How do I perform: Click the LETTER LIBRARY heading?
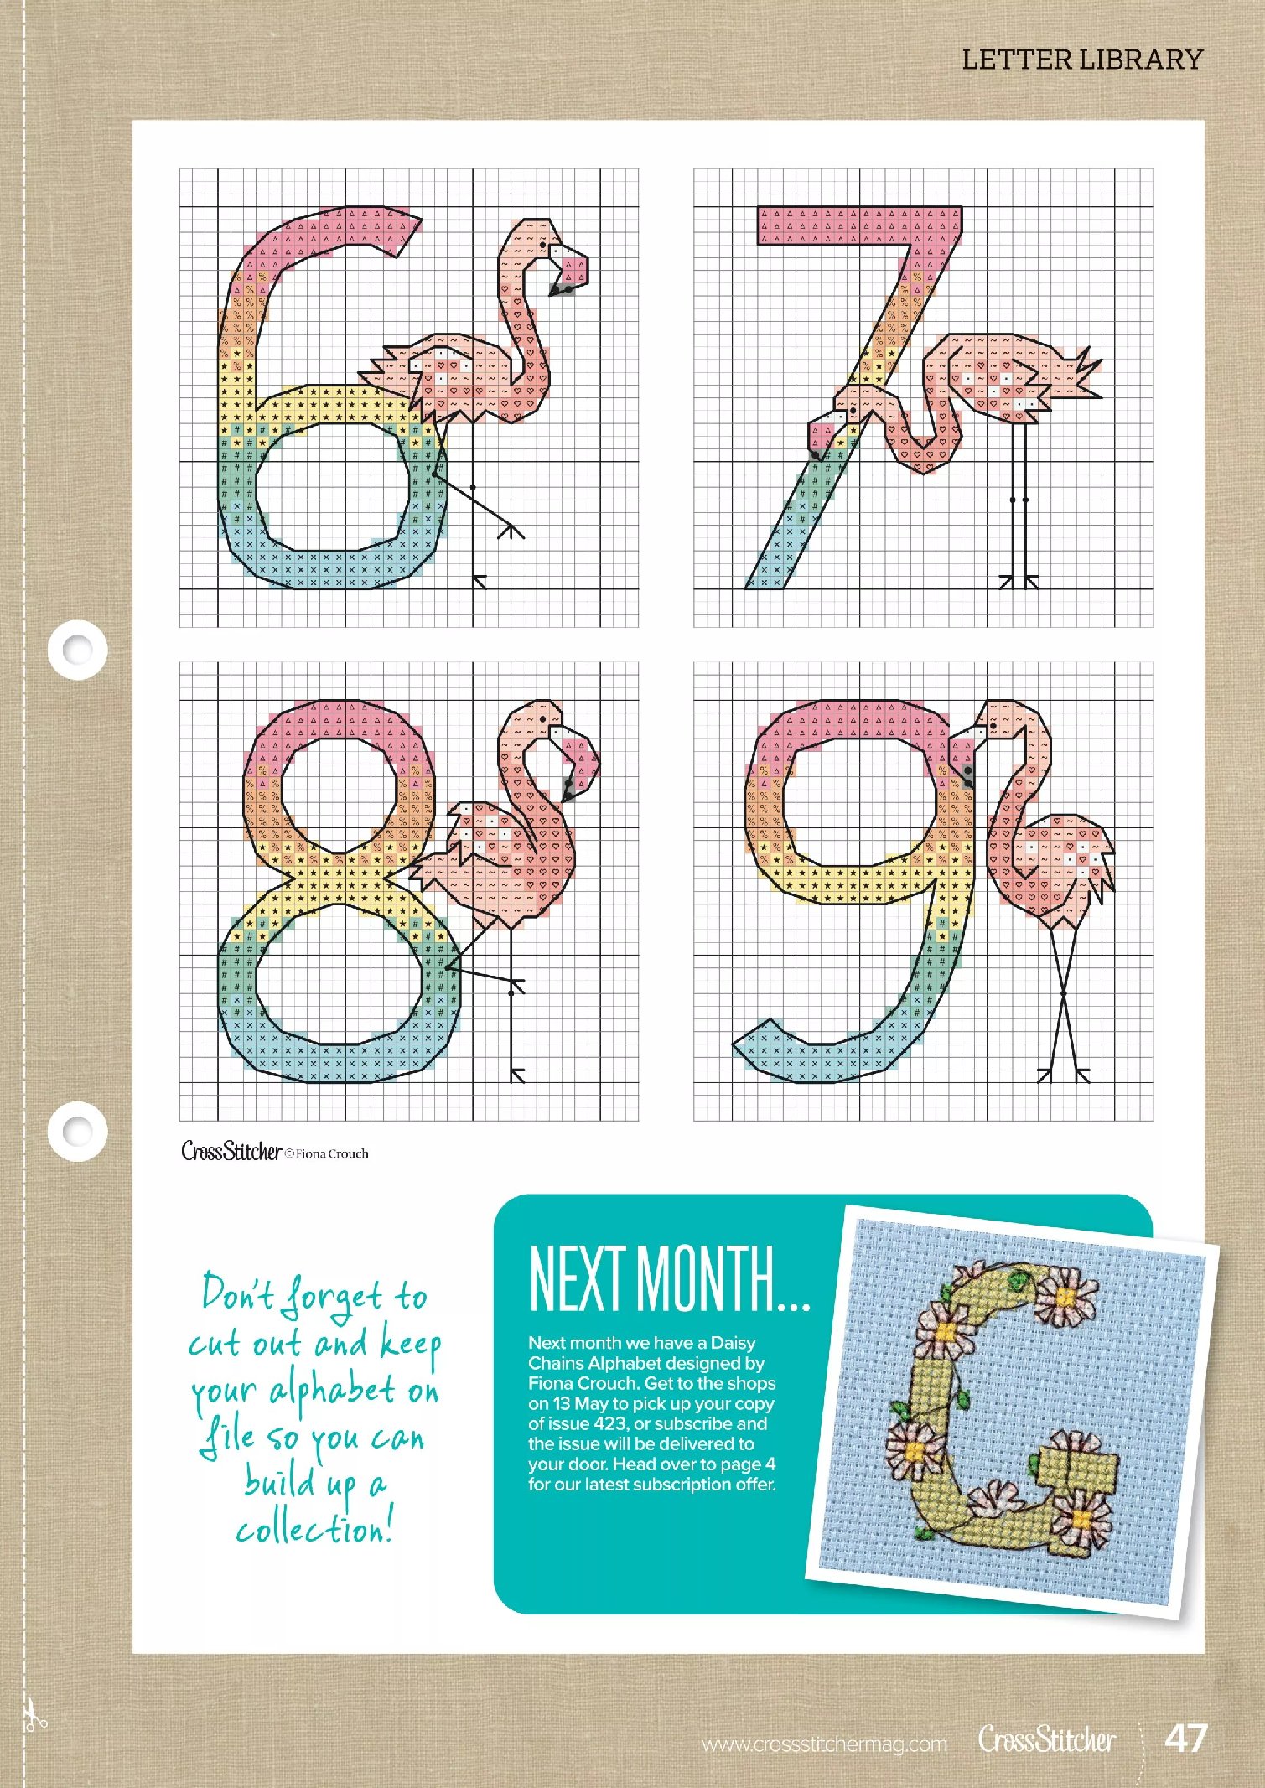[x=1081, y=60]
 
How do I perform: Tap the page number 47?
[x=1185, y=1738]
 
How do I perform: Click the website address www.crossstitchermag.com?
[x=824, y=1744]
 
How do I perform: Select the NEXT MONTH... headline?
[x=669, y=1278]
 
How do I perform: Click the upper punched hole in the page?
[x=77, y=649]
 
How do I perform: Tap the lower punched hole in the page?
[x=77, y=1131]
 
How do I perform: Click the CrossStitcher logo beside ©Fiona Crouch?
[x=231, y=1151]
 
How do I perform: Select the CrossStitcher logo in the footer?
[x=1047, y=1739]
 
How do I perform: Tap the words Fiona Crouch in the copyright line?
[x=332, y=1154]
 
